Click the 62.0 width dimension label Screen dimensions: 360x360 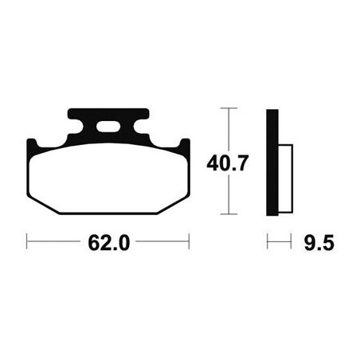point(109,243)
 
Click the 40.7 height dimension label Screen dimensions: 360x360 point(228,163)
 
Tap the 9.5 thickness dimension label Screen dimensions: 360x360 point(319,243)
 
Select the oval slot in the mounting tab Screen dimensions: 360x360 point(108,127)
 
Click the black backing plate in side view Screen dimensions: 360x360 point(272,162)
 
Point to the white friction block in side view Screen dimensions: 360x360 point(285,178)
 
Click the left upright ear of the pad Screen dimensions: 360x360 point(31,146)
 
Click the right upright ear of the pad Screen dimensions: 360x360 point(185,146)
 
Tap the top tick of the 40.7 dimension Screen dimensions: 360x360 point(229,108)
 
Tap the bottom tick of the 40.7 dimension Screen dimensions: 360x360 point(229,213)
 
